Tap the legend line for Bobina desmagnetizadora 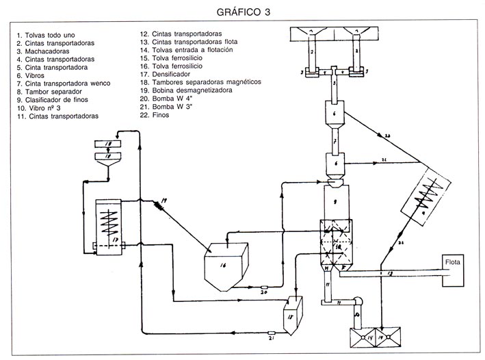click(185, 90)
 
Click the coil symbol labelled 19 click(160, 203)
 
